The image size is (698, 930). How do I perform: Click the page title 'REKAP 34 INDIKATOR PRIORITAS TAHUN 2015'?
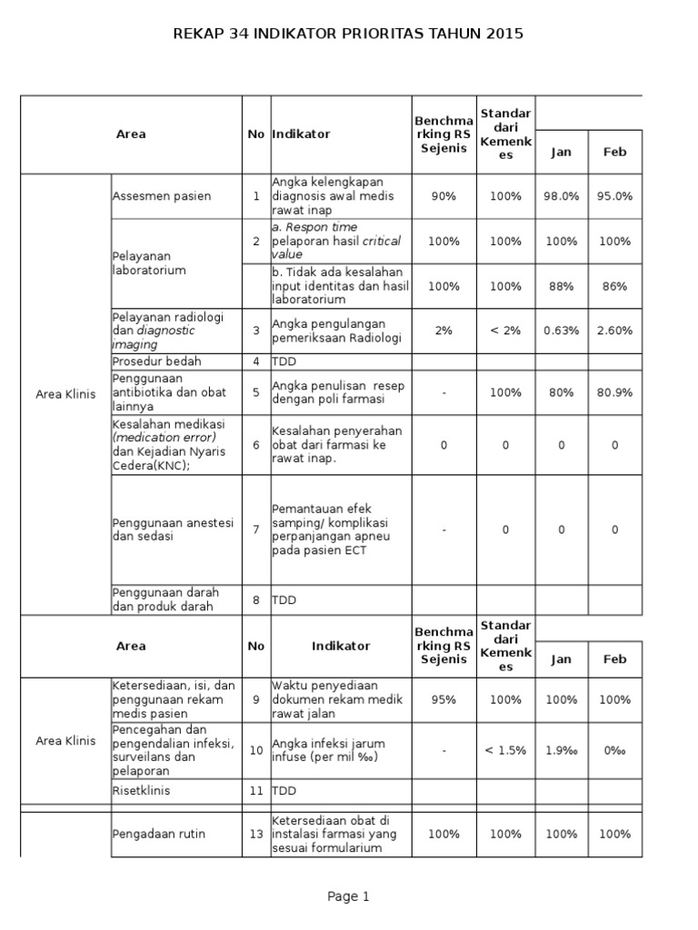(x=348, y=34)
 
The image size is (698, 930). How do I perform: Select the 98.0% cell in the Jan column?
(x=561, y=196)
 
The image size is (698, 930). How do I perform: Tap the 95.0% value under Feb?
(x=615, y=196)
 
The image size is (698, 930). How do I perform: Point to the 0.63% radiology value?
(x=561, y=331)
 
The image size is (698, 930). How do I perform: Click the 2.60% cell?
(x=615, y=331)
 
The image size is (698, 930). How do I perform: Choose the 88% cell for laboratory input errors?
(x=561, y=286)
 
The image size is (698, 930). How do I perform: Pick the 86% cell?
(x=615, y=286)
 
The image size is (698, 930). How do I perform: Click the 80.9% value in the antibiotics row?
(x=615, y=393)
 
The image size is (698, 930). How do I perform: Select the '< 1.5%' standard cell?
(x=503, y=750)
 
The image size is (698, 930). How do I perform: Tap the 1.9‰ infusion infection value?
(x=561, y=750)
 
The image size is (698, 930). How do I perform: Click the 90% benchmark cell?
(x=444, y=196)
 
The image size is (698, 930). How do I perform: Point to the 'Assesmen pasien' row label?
(x=162, y=196)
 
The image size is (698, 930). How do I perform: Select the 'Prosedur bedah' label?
(x=156, y=361)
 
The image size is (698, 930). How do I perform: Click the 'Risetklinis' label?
(x=141, y=791)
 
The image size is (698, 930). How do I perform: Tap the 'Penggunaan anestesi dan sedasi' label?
(x=173, y=529)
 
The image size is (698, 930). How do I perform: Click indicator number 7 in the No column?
(x=256, y=529)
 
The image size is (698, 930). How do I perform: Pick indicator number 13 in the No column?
(x=256, y=834)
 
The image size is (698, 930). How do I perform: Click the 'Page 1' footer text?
(x=348, y=896)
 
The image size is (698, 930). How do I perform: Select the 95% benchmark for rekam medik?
(x=444, y=700)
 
